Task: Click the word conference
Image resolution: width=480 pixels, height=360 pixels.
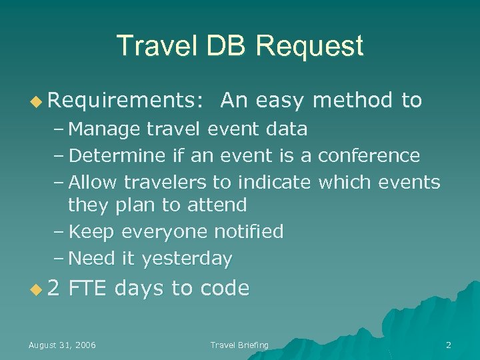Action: (369, 156)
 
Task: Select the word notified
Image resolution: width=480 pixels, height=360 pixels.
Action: (249, 231)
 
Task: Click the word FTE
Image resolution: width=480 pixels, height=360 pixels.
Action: (88, 288)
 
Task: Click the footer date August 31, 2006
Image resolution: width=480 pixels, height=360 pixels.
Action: (62, 345)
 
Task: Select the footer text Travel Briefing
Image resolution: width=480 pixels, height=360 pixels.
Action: (239, 345)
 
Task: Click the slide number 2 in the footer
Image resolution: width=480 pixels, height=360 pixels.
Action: (448, 345)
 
